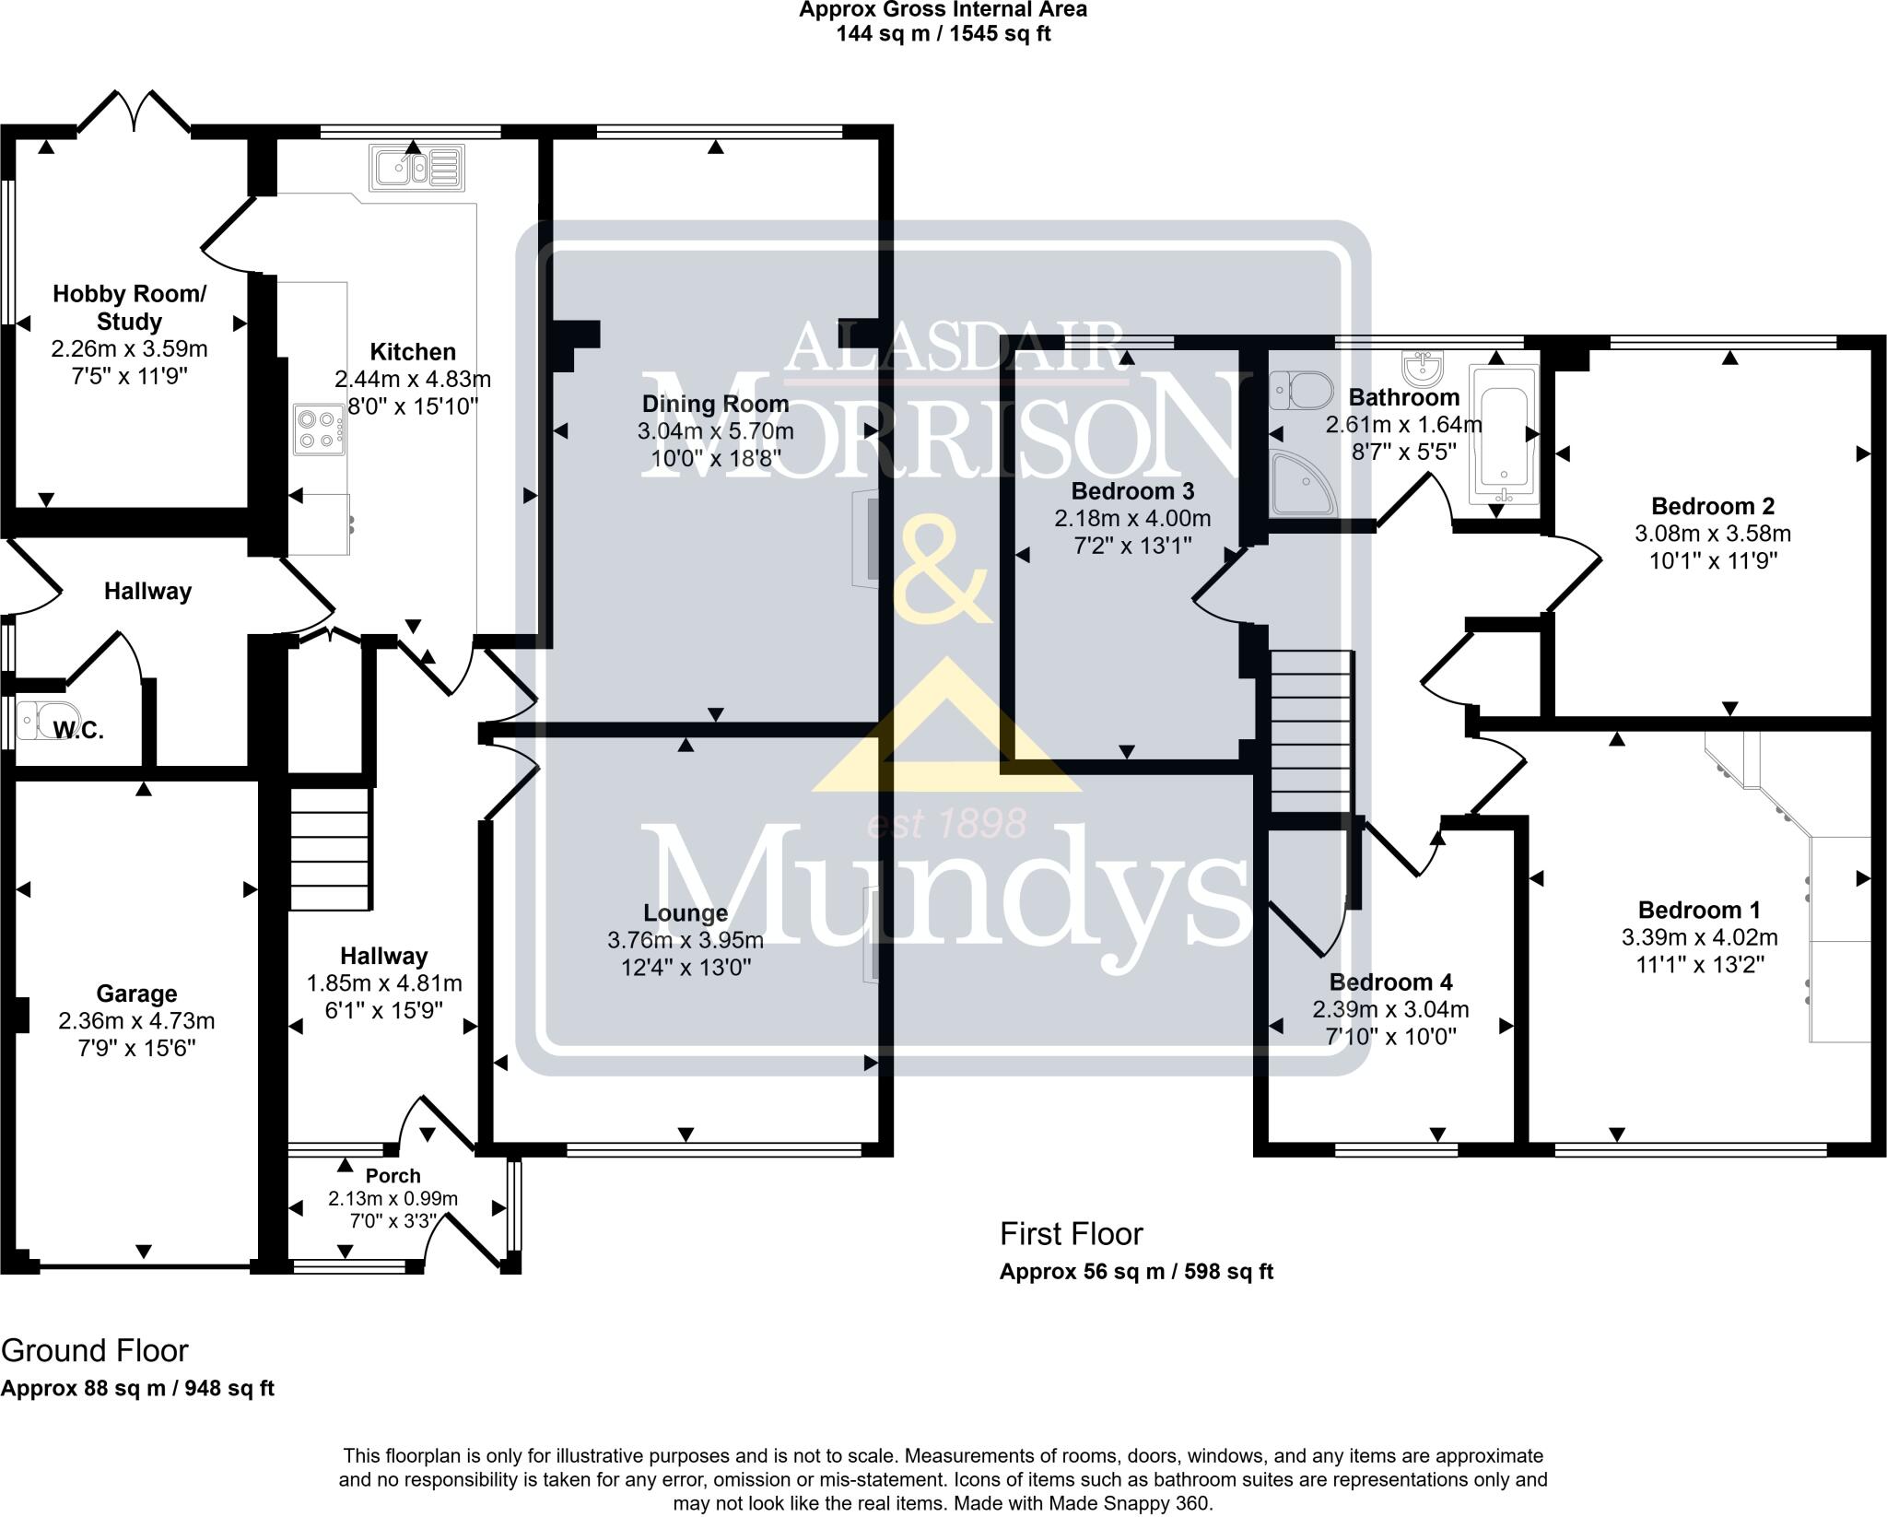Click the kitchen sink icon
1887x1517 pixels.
click(417, 168)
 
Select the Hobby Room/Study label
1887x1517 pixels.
click(129, 308)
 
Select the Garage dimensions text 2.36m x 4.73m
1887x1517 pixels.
click(136, 1021)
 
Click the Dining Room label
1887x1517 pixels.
click(715, 404)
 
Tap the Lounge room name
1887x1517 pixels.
click(686, 912)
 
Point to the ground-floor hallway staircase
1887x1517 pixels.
click(331, 848)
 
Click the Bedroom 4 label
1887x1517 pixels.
click(1390, 982)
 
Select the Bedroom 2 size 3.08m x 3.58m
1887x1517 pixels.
click(1713, 533)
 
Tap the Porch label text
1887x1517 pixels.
click(393, 1176)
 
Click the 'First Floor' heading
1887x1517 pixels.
click(1071, 1233)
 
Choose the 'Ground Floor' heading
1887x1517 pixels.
click(95, 1350)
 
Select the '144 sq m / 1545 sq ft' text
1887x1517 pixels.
click(943, 34)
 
